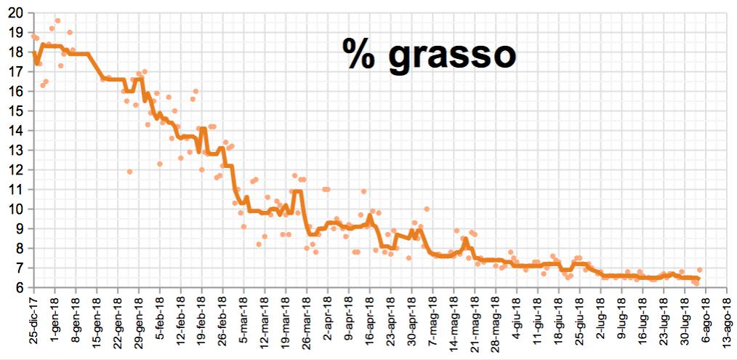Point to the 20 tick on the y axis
click(x=15, y=13)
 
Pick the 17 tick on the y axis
click(x=15, y=72)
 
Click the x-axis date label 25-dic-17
click(x=33, y=321)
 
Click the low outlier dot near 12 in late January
click(x=129, y=172)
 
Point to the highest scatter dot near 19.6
click(x=57, y=21)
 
